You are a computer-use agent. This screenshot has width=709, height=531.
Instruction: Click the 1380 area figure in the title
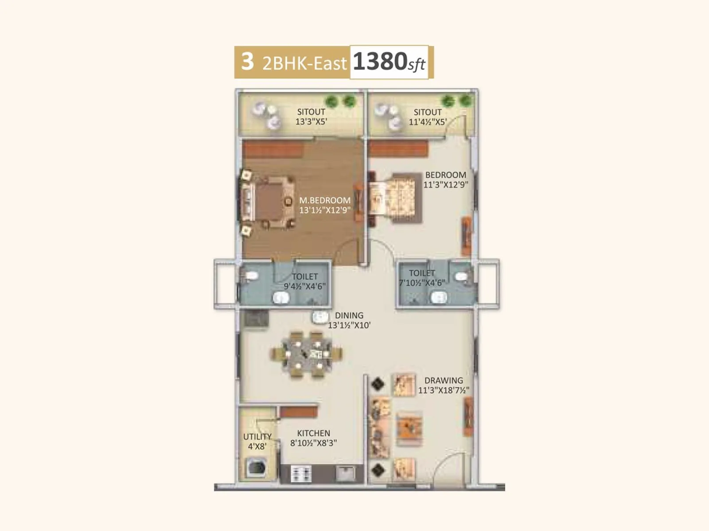pyautogui.click(x=379, y=62)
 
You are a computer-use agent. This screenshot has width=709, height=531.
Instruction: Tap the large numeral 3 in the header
pyautogui.click(x=247, y=62)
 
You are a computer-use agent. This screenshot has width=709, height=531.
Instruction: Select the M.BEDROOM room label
pyautogui.click(x=325, y=200)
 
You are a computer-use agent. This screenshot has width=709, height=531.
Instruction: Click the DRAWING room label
pyautogui.click(x=444, y=381)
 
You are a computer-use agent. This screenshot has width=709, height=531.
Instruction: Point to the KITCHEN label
pyautogui.click(x=313, y=433)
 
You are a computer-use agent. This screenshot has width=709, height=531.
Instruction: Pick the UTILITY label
pyautogui.click(x=257, y=437)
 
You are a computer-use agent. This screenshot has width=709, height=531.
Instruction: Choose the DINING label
pyautogui.click(x=349, y=316)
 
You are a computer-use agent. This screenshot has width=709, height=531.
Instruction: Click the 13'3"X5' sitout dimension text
pyautogui.click(x=311, y=122)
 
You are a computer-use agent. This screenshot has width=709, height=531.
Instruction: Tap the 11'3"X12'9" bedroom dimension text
pyautogui.click(x=445, y=185)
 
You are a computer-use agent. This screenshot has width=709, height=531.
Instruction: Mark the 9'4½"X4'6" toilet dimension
pyautogui.click(x=304, y=286)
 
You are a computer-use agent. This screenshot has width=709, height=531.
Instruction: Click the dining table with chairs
pyautogui.click(x=306, y=354)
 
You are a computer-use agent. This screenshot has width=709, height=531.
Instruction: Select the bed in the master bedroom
pyautogui.click(x=268, y=203)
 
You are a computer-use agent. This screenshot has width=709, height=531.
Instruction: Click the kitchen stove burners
pyautogui.click(x=301, y=474)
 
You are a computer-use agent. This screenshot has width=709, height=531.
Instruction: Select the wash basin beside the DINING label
pyautogui.click(x=319, y=317)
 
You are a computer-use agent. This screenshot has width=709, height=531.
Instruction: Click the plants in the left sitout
pyautogui.click(x=340, y=101)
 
